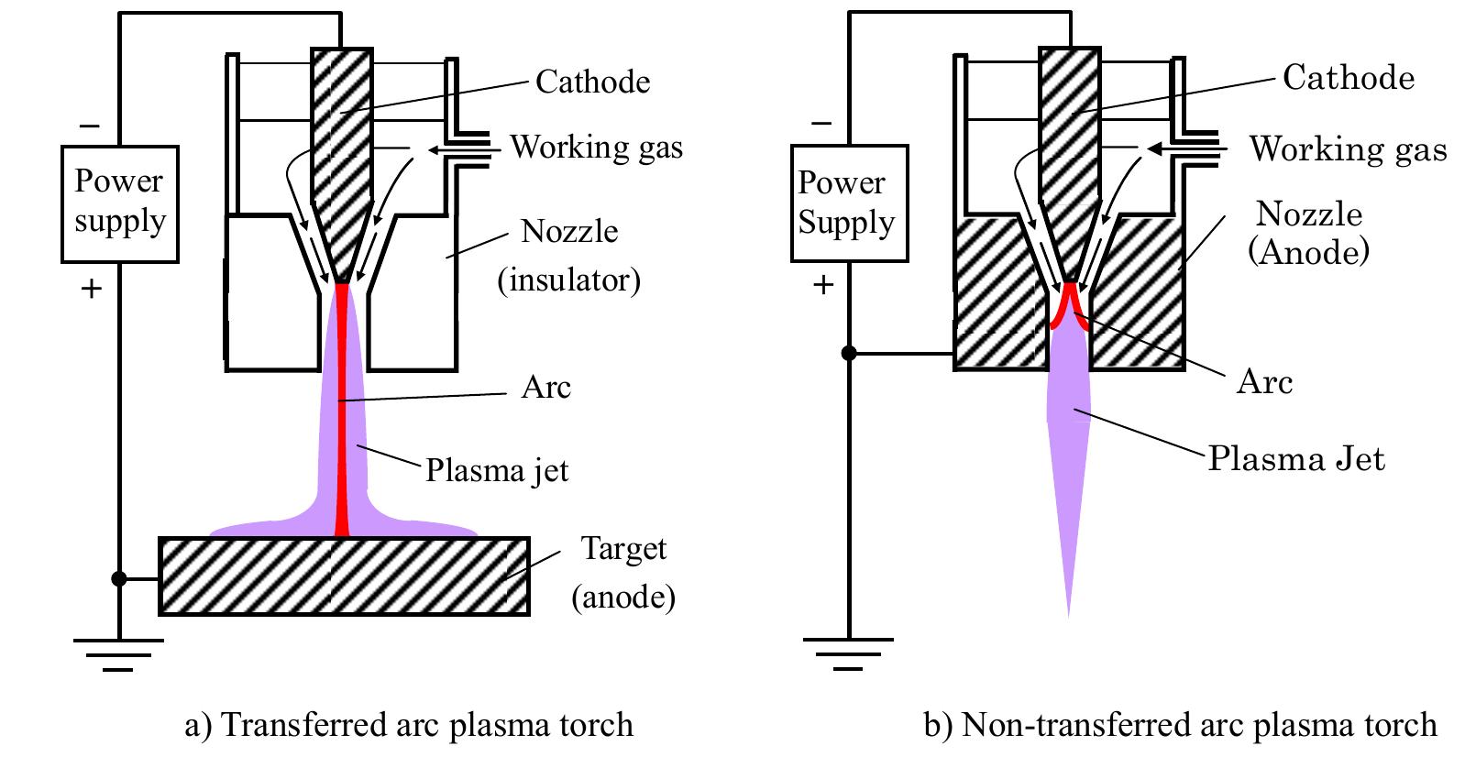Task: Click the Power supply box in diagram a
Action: (119, 203)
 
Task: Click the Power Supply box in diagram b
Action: (849, 203)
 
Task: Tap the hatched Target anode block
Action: (344, 576)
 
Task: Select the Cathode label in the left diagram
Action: (592, 82)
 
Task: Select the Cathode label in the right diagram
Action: (1348, 77)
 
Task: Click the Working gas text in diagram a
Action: (597, 147)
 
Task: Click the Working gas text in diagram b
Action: (1348, 148)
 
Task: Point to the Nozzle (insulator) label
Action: (569, 255)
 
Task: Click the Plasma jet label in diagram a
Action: (497, 470)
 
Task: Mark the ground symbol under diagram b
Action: (848, 653)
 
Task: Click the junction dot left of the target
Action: (118, 578)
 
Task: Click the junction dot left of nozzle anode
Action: (849, 353)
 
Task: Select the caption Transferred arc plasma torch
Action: (409, 725)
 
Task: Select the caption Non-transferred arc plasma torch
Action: (1181, 725)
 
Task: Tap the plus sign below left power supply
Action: (91, 290)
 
